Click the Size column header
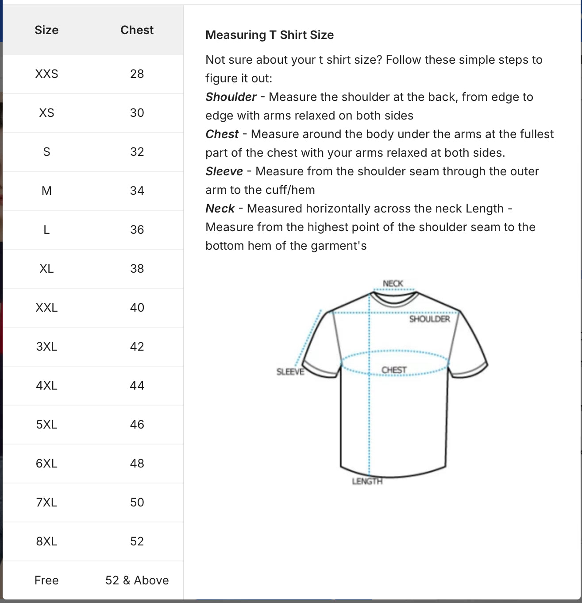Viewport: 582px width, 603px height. pyautogui.click(x=46, y=30)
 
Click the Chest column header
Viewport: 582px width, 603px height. pyautogui.click(x=137, y=30)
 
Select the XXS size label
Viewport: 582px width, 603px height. pyautogui.click(x=46, y=74)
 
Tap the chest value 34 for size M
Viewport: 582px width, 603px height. pyautogui.click(x=137, y=191)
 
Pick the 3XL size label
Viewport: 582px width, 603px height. pyautogui.click(x=46, y=347)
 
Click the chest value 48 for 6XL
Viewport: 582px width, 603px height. pyautogui.click(x=137, y=464)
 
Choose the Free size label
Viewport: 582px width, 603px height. pyautogui.click(x=46, y=580)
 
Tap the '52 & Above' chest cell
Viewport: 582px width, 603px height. pyautogui.click(x=137, y=580)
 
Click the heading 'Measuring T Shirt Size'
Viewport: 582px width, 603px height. pyautogui.click(x=270, y=35)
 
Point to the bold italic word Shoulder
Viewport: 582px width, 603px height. pyautogui.click(x=231, y=97)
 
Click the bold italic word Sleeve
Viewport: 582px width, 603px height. pyautogui.click(x=224, y=171)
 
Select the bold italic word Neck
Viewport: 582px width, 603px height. pyautogui.click(x=220, y=209)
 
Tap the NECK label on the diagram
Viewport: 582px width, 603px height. pyautogui.click(x=393, y=283)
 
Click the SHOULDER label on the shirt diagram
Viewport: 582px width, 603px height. pyautogui.click(x=429, y=319)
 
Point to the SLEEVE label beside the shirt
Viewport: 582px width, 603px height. pyautogui.click(x=290, y=372)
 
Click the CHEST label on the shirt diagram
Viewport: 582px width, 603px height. pyautogui.click(x=393, y=370)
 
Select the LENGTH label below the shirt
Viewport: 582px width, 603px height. pyautogui.click(x=367, y=481)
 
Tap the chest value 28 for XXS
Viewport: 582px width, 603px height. pyautogui.click(x=137, y=74)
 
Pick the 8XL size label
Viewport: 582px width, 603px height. pyautogui.click(x=46, y=541)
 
